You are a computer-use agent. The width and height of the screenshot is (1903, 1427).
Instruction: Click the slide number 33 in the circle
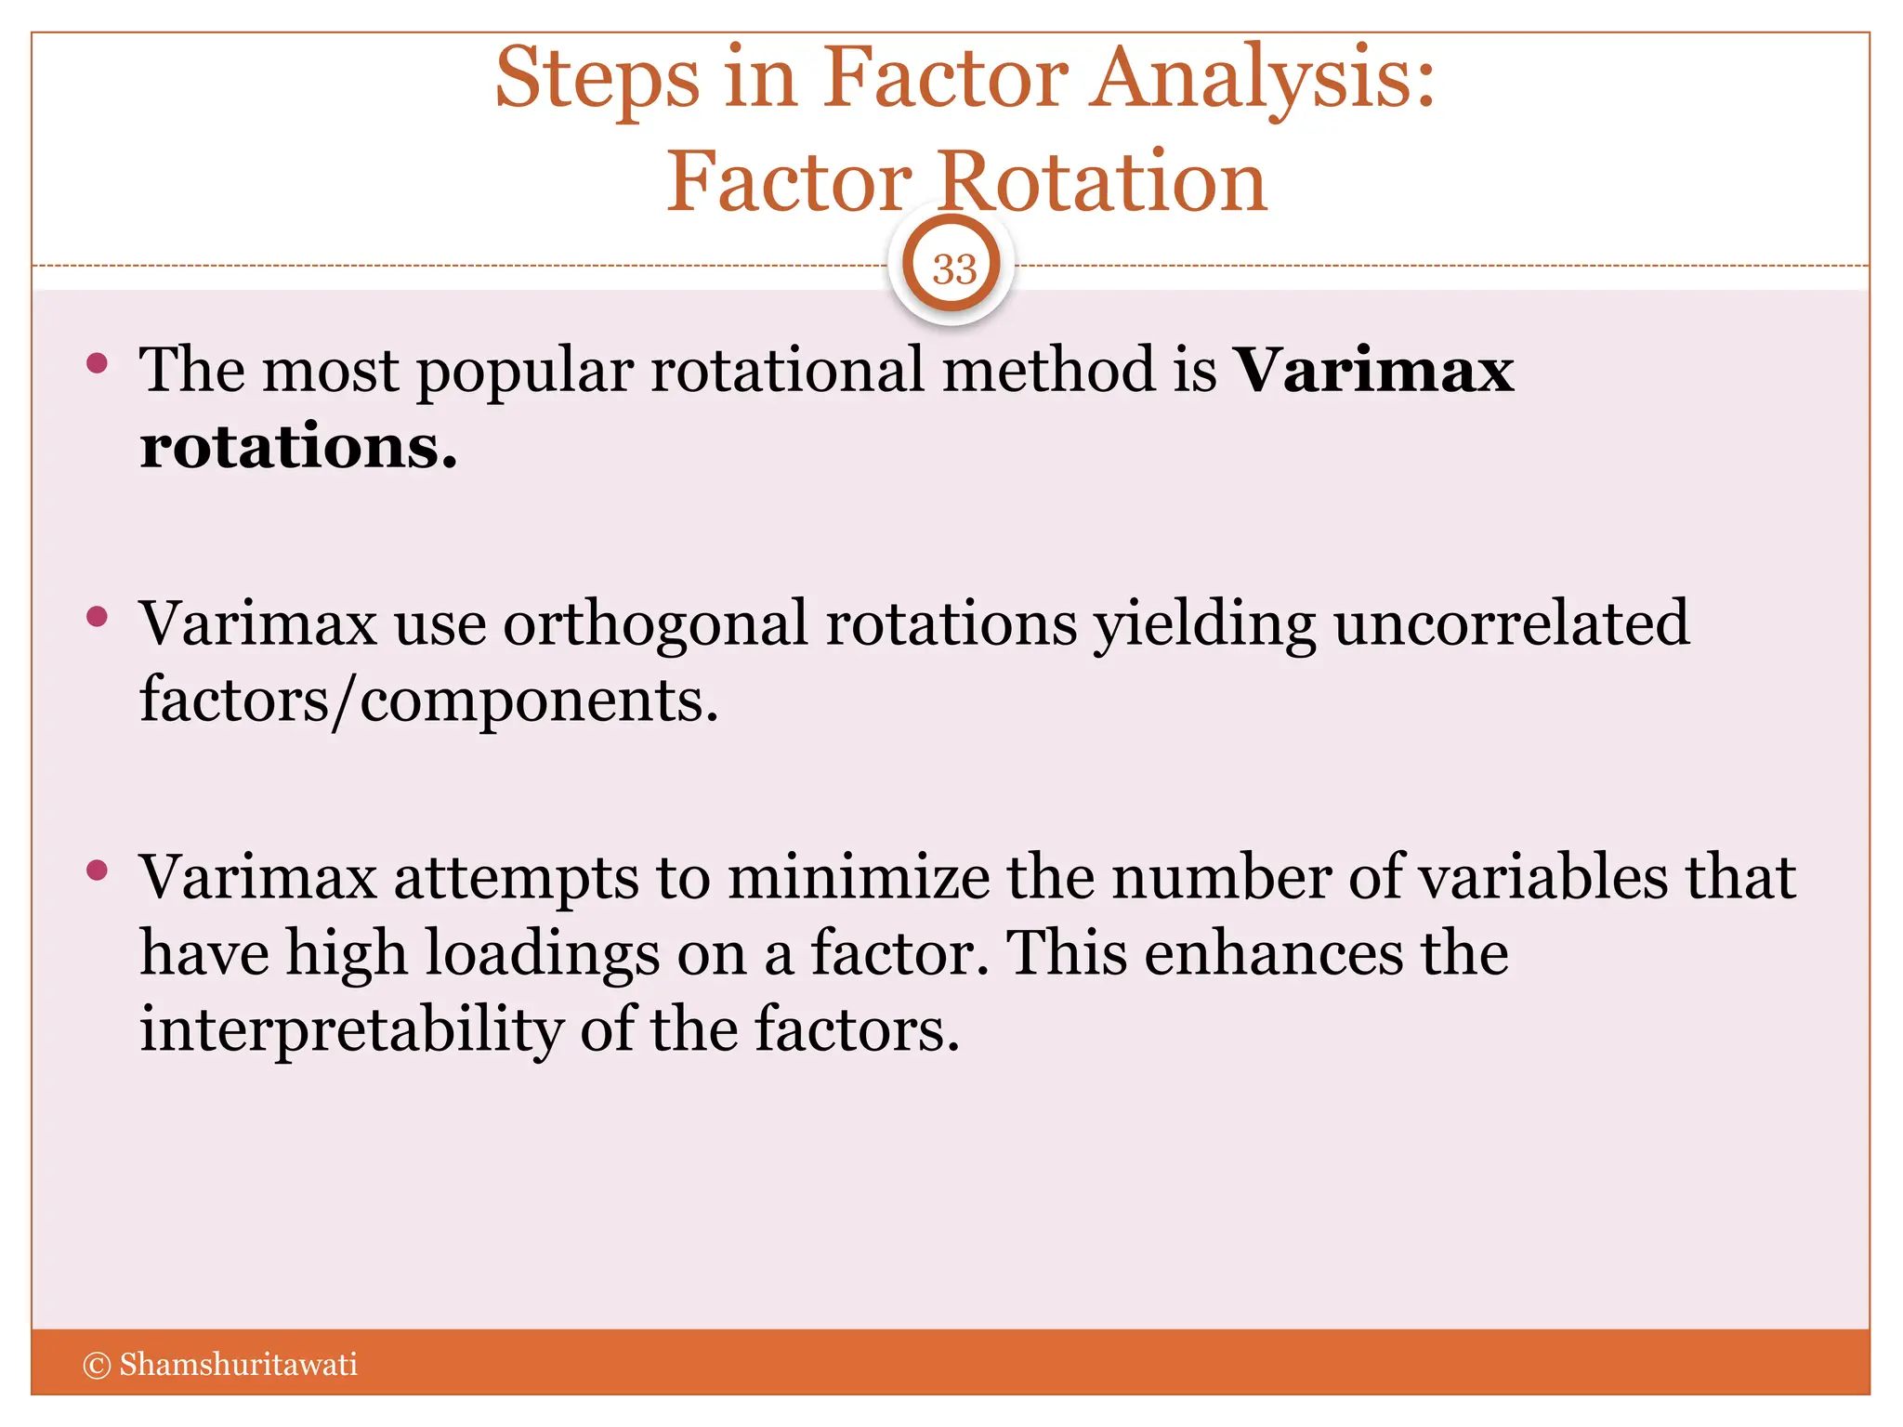click(954, 269)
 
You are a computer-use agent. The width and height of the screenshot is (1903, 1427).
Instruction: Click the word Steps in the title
click(597, 80)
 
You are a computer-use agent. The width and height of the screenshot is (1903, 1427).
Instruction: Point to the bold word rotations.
click(298, 447)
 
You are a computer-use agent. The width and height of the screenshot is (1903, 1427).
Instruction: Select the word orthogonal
click(655, 624)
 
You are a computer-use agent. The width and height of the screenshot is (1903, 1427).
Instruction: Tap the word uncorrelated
click(1512, 622)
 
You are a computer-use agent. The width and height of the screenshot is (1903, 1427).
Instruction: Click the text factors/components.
click(428, 700)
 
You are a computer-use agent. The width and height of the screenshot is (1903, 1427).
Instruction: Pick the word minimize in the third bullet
click(859, 877)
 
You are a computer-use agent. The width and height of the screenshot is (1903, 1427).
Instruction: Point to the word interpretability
click(351, 1031)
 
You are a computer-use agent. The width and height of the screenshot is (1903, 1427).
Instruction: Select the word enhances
click(1273, 954)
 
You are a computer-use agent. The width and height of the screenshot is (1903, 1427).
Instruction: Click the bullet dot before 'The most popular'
click(97, 363)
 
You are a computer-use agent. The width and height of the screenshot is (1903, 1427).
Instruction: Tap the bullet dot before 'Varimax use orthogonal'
click(97, 617)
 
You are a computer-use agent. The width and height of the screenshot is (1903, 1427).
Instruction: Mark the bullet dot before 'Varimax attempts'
click(97, 871)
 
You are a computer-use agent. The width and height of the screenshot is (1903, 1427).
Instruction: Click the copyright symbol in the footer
click(97, 1365)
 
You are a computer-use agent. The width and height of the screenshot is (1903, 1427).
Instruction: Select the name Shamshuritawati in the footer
click(238, 1365)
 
